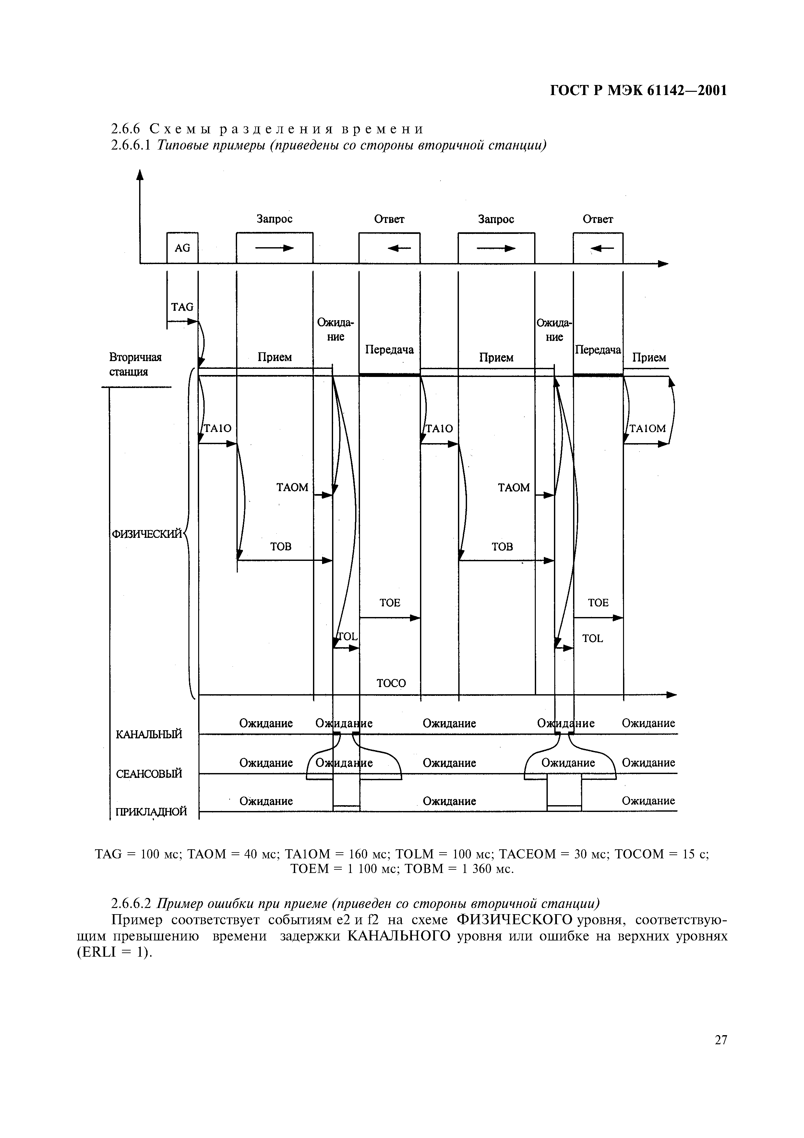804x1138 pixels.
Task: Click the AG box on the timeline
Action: click(182, 248)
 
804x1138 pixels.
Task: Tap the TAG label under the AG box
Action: click(182, 307)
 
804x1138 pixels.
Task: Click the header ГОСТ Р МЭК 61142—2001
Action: click(639, 91)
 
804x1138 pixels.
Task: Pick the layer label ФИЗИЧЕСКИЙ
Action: click(147, 534)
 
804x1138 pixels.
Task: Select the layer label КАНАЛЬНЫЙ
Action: click(149, 734)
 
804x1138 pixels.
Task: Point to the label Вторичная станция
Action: click(135, 364)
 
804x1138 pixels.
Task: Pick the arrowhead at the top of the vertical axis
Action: click(140, 175)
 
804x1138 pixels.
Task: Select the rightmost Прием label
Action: click(649, 357)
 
